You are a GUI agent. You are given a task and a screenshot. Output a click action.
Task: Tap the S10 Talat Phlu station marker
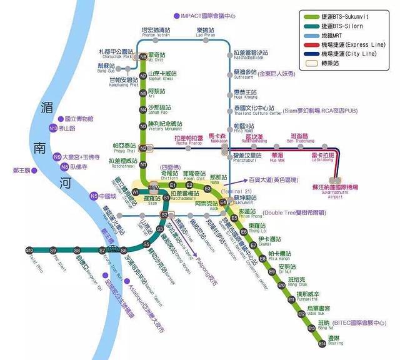pos(29,251)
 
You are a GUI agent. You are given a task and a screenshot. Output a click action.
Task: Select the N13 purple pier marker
pos(52,128)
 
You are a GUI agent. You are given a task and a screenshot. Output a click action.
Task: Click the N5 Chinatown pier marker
pos(94,196)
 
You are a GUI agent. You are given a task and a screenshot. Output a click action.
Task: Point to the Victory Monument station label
pos(164,126)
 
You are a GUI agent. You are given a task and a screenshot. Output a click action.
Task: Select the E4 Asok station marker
pos(223,202)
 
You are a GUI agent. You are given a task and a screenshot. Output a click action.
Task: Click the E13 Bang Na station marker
pos(311,327)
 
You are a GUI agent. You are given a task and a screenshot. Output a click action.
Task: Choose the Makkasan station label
pos(217,138)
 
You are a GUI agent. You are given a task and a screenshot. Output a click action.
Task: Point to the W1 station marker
pos(136,191)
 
